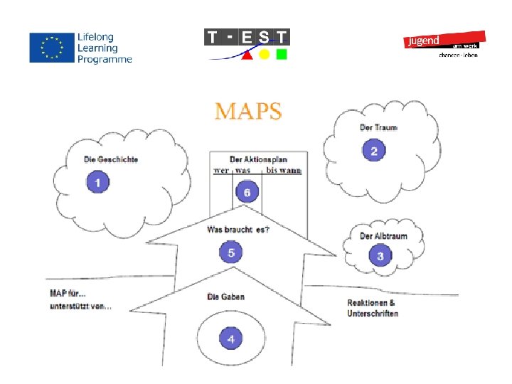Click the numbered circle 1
point(98,183)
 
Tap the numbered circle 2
point(374,151)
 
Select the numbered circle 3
point(380,256)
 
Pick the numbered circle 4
point(230,339)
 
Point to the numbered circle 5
point(231,252)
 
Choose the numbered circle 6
point(247,192)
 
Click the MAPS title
point(249,112)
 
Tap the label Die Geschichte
point(111,160)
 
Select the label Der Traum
point(378,128)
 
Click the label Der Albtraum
point(383,236)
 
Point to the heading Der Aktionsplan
point(258,159)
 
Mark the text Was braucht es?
point(238,230)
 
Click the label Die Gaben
point(225,297)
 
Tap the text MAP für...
point(68,293)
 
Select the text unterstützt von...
point(80,306)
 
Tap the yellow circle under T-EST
point(264,55)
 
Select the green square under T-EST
point(282,55)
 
